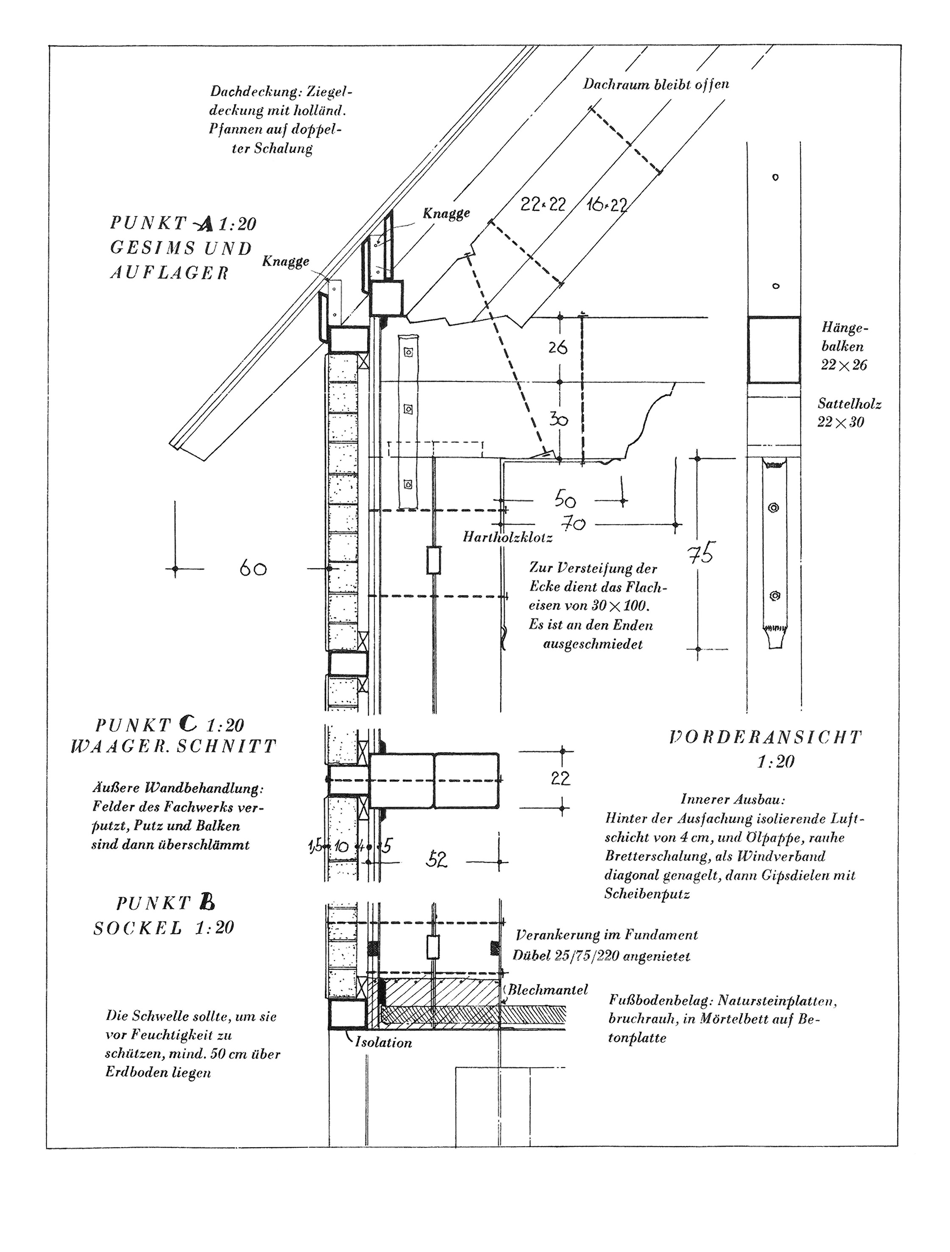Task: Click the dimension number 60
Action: click(253, 568)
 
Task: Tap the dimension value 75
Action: click(701, 553)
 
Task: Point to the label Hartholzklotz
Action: click(507, 537)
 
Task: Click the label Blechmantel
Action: click(548, 1005)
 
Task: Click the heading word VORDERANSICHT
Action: click(766, 737)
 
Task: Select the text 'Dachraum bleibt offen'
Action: click(656, 84)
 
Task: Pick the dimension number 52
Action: click(436, 860)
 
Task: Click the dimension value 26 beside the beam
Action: click(557, 347)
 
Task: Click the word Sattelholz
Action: click(849, 404)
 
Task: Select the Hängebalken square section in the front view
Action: click(774, 350)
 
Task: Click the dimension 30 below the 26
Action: click(558, 419)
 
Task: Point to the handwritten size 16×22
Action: click(607, 204)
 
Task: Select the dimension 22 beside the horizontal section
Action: click(560, 778)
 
